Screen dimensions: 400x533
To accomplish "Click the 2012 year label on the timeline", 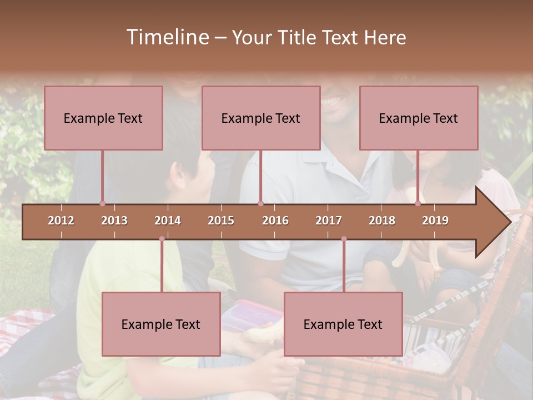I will coord(61,221).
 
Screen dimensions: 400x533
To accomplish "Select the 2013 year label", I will coord(114,221).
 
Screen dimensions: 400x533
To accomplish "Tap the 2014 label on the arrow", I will coord(168,221).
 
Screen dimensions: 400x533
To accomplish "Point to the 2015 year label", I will coord(221,221).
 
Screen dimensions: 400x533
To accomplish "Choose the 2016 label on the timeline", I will coord(275,221).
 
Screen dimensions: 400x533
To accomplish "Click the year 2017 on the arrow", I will coord(329,221).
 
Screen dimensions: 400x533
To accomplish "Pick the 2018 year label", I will coord(382,221).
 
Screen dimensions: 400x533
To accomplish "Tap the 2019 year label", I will coord(435,221).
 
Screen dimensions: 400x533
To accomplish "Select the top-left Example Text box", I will coord(103,118).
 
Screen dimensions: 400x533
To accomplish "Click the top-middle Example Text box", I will coord(261,118).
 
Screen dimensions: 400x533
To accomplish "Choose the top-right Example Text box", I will coord(419,118).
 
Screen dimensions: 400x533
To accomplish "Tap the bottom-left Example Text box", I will coord(161,324).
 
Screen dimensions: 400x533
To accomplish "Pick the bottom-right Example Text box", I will coord(343,324).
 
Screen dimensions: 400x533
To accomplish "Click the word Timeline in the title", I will coord(167,37).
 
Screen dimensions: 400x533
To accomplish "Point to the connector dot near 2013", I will coord(102,204).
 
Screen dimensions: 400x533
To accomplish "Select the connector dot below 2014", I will coord(162,239).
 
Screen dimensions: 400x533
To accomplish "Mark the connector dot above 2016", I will coord(260,204).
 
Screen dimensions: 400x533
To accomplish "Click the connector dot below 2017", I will coord(344,239).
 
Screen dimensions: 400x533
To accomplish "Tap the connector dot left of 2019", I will coord(418,204).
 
